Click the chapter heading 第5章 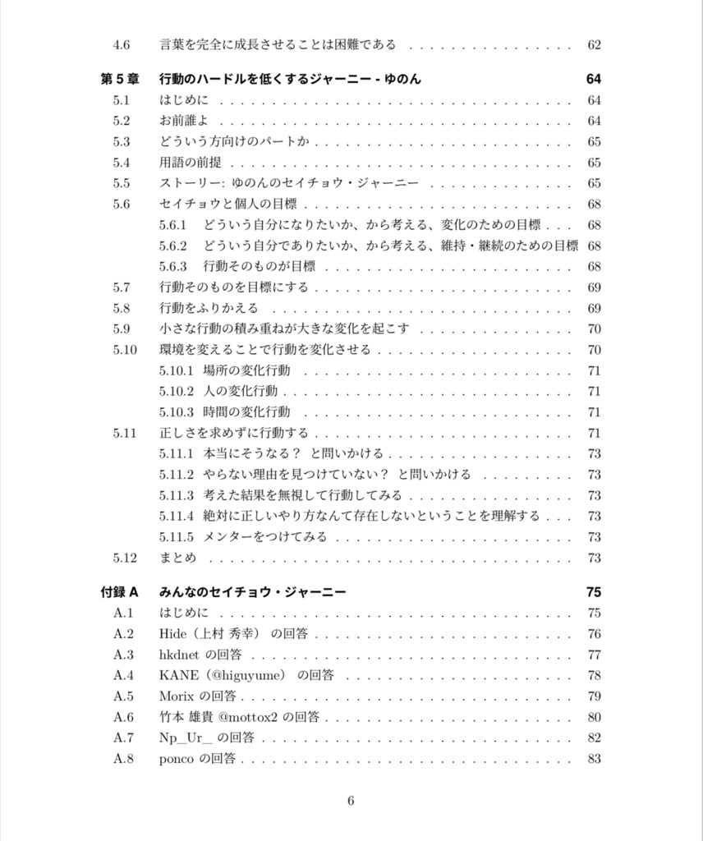point(120,79)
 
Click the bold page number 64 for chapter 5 point(594,79)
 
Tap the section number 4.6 point(122,44)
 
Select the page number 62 point(595,44)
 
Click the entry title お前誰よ point(183,121)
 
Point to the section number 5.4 point(122,163)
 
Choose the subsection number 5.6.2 point(173,246)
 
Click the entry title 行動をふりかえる point(209,308)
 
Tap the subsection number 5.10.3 point(177,412)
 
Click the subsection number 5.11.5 point(177,537)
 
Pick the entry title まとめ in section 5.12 point(178,558)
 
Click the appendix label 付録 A point(120,592)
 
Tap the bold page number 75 point(594,592)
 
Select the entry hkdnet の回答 point(200,655)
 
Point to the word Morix point(177,696)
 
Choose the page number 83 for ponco point(595,759)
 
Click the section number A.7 point(123,738)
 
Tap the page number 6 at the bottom point(351,801)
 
